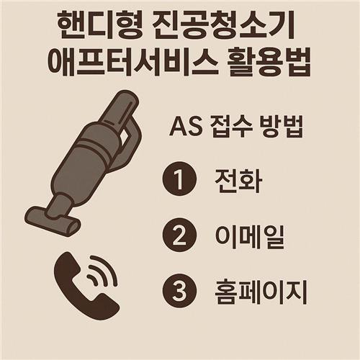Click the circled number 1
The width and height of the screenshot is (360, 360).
(x=180, y=179)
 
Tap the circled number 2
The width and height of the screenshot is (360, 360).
(x=180, y=235)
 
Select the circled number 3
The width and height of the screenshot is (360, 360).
(x=180, y=291)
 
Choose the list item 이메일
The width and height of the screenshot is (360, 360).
(x=250, y=237)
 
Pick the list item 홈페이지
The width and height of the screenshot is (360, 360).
(x=260, y=292)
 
